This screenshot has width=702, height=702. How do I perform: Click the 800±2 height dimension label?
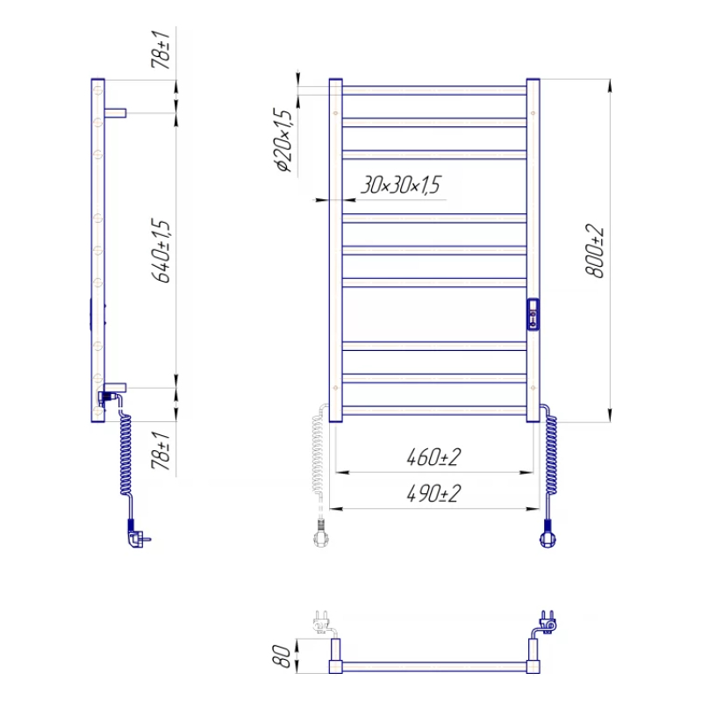tap(595, 252)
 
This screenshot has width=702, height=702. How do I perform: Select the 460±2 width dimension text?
tap(433, 457)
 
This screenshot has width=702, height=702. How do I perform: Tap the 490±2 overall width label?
tap(433, 494)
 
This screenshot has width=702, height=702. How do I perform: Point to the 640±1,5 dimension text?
tap(161, 251)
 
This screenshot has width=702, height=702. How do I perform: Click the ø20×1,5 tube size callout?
tap(283, 140)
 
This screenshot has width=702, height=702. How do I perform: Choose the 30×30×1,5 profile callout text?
tap(401, 185)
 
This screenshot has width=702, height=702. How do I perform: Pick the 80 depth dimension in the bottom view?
tap(282, 656)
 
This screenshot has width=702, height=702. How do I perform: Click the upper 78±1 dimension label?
tap(161, 49)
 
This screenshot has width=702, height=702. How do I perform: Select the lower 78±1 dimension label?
tap(161, 450)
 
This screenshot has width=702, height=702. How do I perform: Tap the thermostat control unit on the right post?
tap(533, 314)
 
